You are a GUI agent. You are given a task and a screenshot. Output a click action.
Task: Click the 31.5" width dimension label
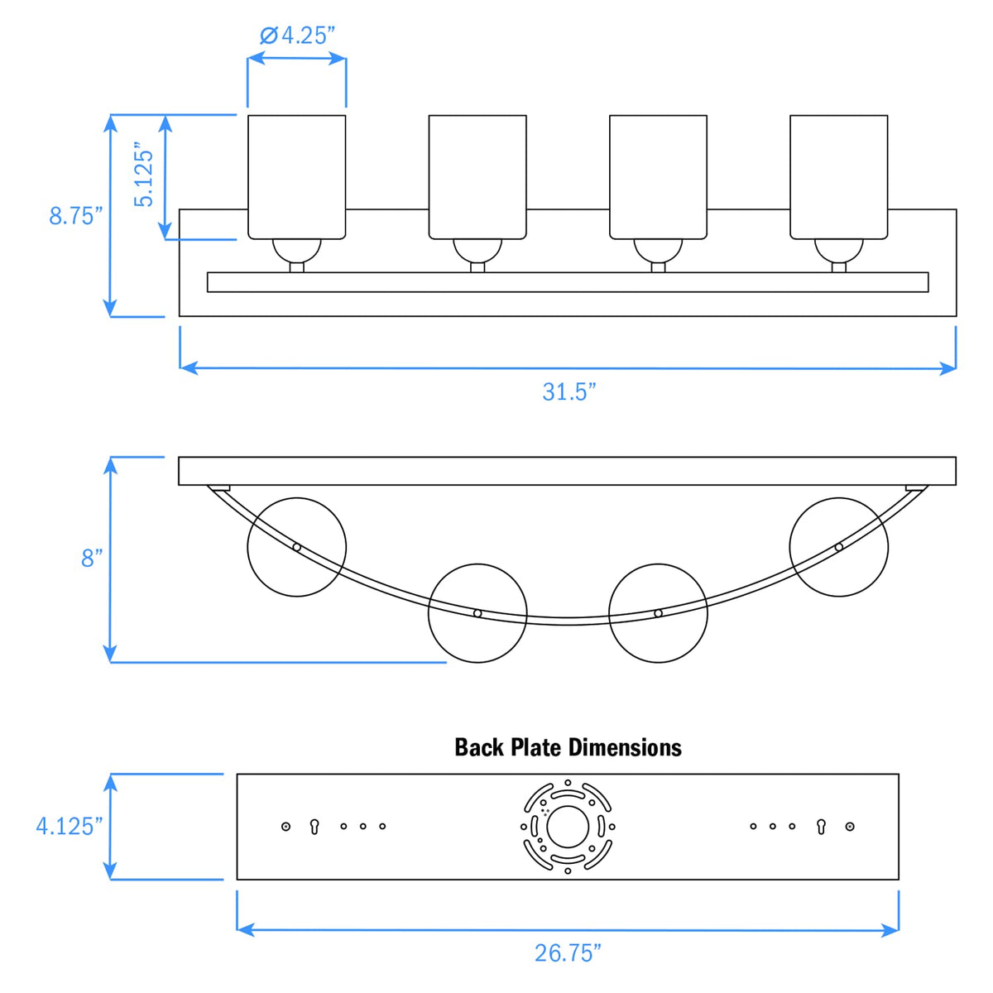(568, 391)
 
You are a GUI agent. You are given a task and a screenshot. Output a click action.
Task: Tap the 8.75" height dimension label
(75, 216)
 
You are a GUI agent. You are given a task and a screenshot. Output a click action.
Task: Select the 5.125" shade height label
(145, 177)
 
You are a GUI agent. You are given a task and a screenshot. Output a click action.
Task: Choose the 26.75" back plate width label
(568, 953)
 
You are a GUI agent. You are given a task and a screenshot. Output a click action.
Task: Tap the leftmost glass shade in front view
(297, 176)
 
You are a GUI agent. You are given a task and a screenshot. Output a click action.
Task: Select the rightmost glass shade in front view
(838, 176)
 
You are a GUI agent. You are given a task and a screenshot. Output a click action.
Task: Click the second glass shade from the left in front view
(477, 176)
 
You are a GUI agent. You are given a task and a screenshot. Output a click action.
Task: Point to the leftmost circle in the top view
(297, 546)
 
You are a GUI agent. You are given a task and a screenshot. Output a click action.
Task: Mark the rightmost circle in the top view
(838, 546)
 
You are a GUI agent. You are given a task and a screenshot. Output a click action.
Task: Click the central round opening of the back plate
(568, 827)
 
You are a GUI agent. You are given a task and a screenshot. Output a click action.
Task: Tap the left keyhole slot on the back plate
(314, 826)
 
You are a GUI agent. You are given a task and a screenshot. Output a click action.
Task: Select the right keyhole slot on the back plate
(821, 826)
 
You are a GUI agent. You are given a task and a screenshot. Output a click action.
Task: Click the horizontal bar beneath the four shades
(568, 282)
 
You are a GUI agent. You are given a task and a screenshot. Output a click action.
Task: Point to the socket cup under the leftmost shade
(297, 249)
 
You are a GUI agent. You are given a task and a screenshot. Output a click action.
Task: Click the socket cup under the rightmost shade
(838, 249)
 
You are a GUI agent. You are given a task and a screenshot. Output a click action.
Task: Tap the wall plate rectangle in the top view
(568, 471)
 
